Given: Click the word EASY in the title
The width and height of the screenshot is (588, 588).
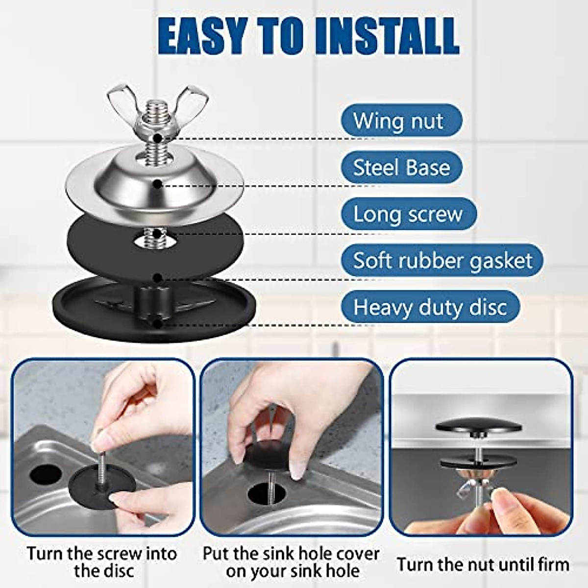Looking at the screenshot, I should pyautogui.click(x=201, y=37).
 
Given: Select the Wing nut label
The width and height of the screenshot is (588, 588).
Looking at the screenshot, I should pyautogui.click(x=400, y=121).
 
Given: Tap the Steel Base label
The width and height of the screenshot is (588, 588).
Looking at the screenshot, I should pyautogui.click(x=401, y=168).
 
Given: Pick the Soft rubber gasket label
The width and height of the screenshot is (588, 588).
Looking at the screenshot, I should pyautogui.click(x=442, y=260).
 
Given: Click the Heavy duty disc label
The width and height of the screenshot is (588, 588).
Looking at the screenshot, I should pyautogui.click(x=430, y=307).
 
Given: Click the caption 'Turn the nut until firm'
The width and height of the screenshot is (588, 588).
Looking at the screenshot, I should pyautogui.click(x=483, y=564).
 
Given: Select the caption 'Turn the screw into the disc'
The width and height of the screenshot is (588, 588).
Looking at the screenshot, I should pyautogui.click(x=102, y=562).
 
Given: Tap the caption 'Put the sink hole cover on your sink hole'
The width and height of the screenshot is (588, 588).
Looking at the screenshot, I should pyautogui.click(x=292, y=562).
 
